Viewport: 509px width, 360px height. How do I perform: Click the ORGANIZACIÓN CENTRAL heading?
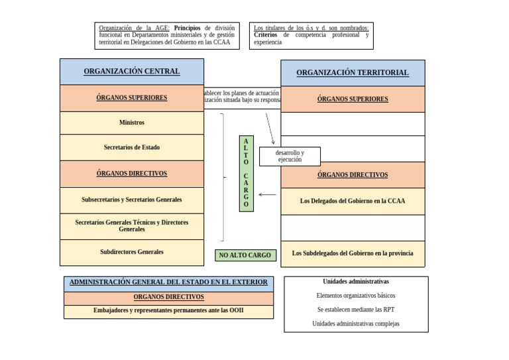tap(131, 72)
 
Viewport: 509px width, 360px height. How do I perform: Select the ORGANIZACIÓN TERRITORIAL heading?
tap(352, 73)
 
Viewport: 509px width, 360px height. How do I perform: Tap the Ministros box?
tap(131, 123)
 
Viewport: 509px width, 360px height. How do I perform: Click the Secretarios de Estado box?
tap(131, 147)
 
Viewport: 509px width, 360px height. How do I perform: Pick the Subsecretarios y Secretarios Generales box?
tap(131, 200)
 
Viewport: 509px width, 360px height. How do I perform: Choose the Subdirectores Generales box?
tap(131, 252)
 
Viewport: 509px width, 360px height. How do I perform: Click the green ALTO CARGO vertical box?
tap(246, 173)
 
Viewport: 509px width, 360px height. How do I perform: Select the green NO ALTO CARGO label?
tap(245, 255)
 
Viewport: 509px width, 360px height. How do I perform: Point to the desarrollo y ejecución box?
tap(290, 156)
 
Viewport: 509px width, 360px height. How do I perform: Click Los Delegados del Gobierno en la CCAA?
tap(352, 201)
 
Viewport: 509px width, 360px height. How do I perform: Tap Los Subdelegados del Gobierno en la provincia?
tap(352, 253)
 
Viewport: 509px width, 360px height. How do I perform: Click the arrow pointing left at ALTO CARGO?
tap(267, 195)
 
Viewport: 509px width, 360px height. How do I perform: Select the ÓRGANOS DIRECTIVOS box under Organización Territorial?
tap(352, 175)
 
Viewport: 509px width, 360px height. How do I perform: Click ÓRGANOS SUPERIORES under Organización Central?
tap(131, 98)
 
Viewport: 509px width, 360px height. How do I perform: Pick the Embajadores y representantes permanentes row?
tap(168, 310)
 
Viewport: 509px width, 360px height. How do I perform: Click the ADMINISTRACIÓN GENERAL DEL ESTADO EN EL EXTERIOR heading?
tap(168, 282)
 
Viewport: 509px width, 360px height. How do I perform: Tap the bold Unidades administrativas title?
tap(356, 282)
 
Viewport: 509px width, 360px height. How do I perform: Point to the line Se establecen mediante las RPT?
tap(356, 310)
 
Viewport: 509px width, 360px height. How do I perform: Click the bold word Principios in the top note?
tap(187, 28)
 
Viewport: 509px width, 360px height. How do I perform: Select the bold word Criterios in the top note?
tap(266, 35)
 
